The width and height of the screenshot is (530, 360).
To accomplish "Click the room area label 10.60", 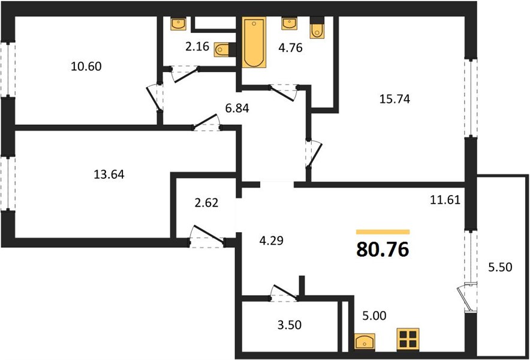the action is [x=86, y=67].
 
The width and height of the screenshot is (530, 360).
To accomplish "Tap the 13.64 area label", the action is [x=109, y=175].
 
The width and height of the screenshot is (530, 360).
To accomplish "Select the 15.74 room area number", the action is [x=395, y=99].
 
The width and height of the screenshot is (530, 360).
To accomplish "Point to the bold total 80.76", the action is [x=383, y=250].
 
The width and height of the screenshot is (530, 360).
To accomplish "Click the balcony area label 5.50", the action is [x=500, y=267].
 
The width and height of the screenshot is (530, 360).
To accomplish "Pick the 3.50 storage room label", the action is [x=290, y=325].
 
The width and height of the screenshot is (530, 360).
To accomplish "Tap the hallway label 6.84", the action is [x=237, y=109].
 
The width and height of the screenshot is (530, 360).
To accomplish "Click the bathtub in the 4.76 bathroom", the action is [x=254, y=42].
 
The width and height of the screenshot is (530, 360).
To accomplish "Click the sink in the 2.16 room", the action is [x=179, y=23].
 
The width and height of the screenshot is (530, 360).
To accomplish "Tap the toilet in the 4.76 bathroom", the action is [x=317, y=29].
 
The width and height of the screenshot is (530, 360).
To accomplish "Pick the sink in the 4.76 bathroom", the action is [x=290, y=23].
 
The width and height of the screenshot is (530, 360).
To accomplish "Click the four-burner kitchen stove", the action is [x=408, y=339].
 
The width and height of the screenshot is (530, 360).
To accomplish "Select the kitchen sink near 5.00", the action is [x=365, y=341].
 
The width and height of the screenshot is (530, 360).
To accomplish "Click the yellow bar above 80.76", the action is [x=383, y=232].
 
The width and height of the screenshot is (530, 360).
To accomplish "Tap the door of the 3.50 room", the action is [x=284, y=293].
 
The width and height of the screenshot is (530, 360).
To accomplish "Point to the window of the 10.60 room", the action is [x=8, y=69].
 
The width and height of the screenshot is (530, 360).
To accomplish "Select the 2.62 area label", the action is [x=206, y=203].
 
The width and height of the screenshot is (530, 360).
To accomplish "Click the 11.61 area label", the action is [x=445, y=200].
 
